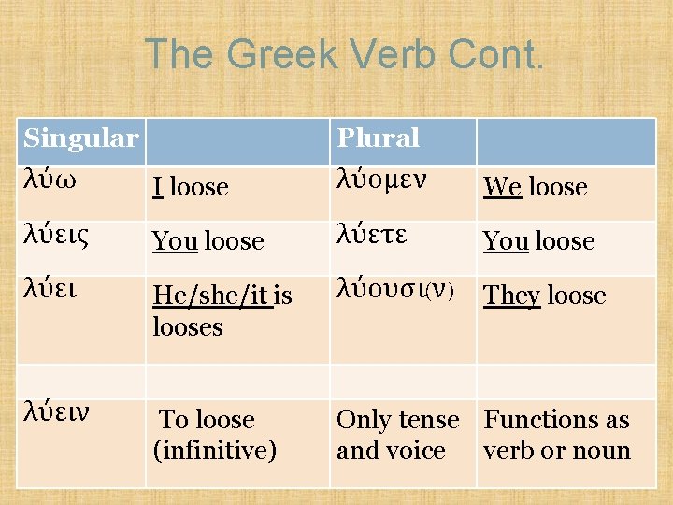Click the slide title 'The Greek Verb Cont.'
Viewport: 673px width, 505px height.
343,55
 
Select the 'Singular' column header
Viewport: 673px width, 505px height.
80,139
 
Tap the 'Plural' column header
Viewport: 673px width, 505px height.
378,139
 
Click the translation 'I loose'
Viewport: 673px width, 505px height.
191,187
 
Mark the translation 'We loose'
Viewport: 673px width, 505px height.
535,187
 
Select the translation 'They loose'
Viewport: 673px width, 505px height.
544,296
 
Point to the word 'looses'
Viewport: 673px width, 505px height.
188,327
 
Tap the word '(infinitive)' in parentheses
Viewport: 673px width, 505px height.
215,451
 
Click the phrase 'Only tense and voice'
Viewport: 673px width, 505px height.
397,435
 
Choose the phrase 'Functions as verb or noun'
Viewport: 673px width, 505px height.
557,435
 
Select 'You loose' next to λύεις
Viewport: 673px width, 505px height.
208,241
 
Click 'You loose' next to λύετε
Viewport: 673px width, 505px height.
538,241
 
